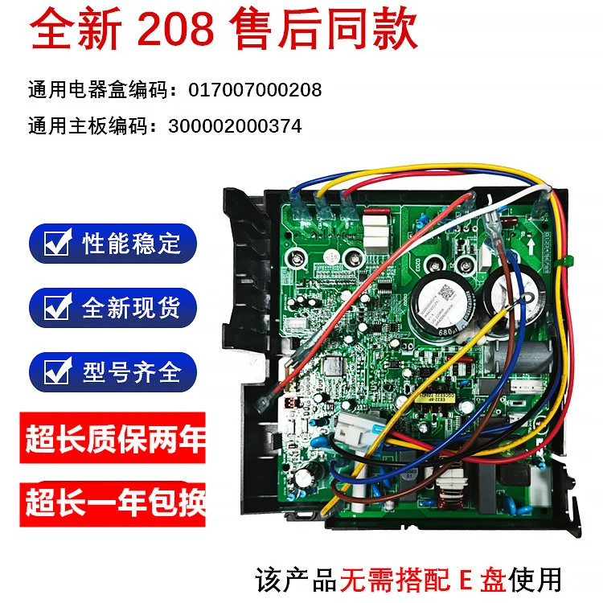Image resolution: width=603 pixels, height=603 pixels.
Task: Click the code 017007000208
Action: [255, 89]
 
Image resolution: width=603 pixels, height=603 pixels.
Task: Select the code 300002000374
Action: [236, 125]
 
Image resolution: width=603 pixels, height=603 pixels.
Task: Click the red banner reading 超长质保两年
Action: [113, 440]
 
